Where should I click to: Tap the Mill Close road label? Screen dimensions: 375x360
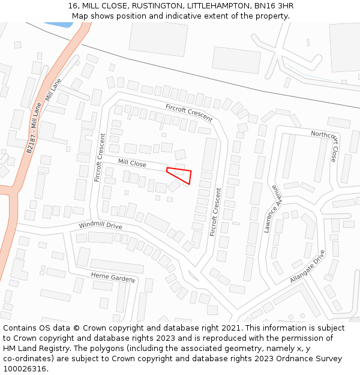point(132,163)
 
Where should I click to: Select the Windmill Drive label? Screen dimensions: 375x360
point(100,226)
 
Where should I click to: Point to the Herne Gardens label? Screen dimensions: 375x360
point(113,277)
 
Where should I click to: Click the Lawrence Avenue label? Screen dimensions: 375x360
point(272,209)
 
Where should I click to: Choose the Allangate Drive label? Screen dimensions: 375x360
point(307,266)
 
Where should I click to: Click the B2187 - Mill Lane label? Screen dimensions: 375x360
point(34,128)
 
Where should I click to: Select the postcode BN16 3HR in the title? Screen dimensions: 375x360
point(274,6)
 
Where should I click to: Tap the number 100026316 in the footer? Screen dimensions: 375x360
point(25,368)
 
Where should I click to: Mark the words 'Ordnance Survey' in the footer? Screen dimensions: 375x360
point(310,358)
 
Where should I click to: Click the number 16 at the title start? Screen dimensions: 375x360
point(73,6)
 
